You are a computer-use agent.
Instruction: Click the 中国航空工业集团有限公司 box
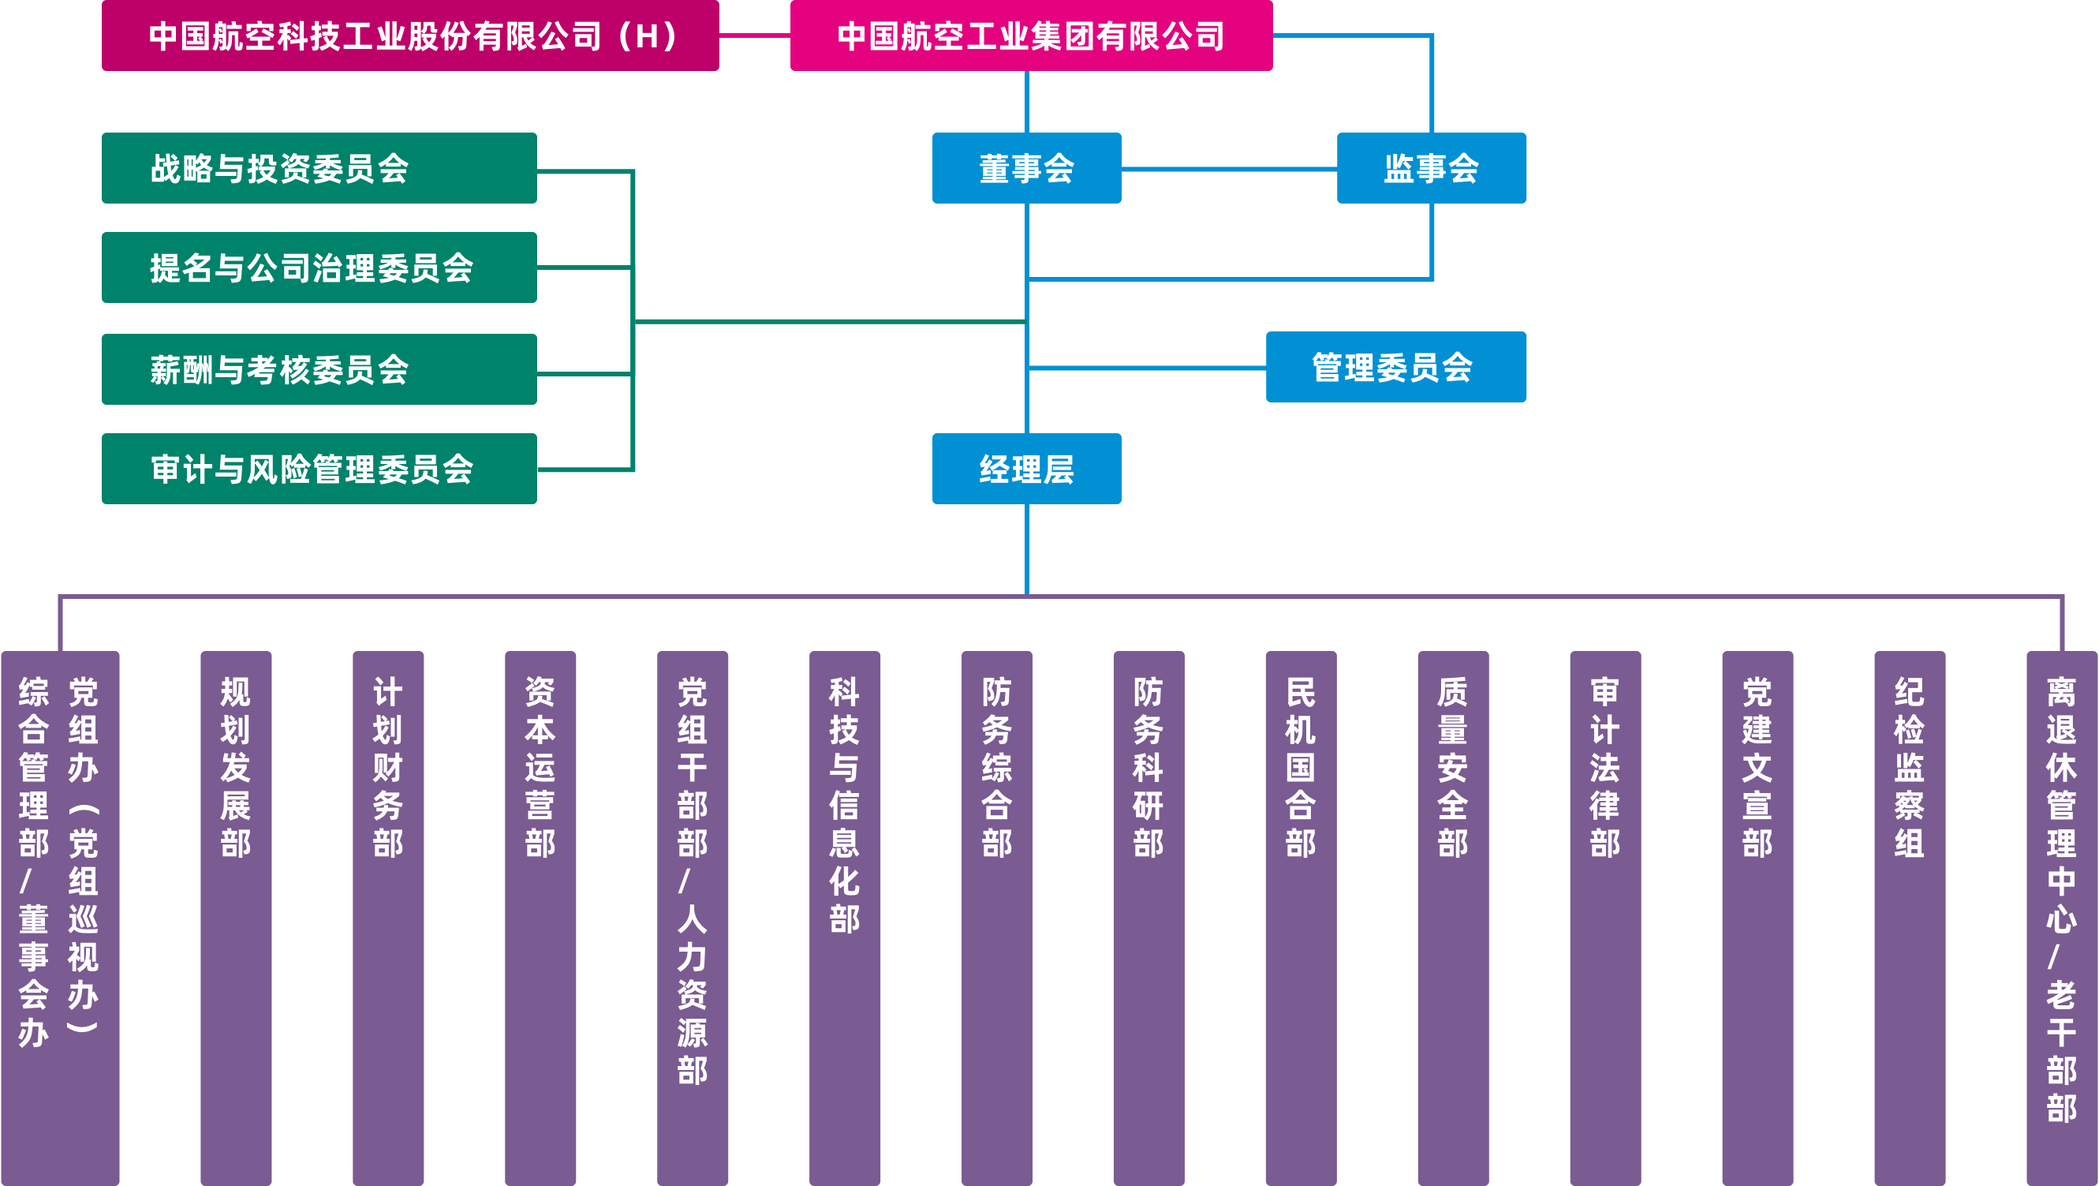pos(1031,36)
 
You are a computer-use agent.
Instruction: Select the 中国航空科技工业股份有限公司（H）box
pos(410,36)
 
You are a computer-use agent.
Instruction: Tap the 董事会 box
pos(1026,168)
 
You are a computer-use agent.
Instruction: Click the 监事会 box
pos(1431,168)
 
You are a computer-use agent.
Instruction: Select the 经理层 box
pos(1026,469)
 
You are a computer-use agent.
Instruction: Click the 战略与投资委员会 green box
pos(319,168)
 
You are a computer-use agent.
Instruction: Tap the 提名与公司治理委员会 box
pos(319,268)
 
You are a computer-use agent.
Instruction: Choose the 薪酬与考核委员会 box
pos(319,369)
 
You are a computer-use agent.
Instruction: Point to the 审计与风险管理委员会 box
pos(319,469)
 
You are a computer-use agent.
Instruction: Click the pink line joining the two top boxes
pos(755,35)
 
